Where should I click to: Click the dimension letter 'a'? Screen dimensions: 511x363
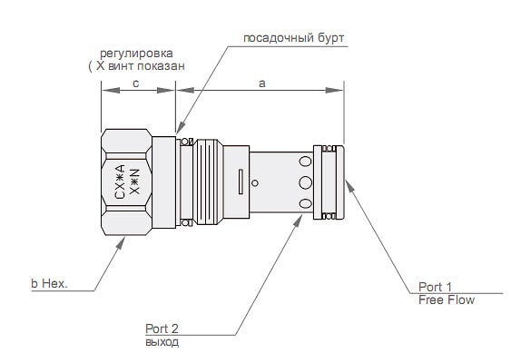(x=262, y=83)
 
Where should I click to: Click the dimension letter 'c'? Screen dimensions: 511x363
(x=136, y=83)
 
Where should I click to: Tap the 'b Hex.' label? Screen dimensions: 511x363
(x=49, y=283)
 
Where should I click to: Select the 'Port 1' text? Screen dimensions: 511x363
(x=435, y=287)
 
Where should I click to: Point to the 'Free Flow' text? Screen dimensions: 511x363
(x=447, y=299)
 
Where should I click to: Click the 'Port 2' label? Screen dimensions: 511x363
(x=162, y=329)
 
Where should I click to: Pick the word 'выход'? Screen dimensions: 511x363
(x=162, y=342)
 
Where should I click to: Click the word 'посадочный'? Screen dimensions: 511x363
(x=274, y=38)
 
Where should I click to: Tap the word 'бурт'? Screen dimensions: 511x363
(x=326, y=38)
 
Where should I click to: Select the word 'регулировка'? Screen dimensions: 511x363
(x=136, y=54)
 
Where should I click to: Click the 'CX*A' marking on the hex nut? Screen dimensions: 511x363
(x=120, y=181)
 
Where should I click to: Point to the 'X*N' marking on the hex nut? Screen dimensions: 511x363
(x=134, y=181)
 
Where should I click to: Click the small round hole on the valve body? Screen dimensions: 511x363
(x=255, y=183)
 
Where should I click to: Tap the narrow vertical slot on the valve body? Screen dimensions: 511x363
(x=241, y=181)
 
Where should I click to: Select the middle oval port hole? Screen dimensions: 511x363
(x=305, y=182)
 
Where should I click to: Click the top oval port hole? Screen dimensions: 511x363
(x=305, y=162)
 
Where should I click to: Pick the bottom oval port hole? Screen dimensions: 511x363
(x=305, y=204)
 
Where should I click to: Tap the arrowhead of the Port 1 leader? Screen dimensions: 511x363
(x=349, y=186)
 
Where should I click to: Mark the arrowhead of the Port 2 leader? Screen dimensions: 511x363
(x=299, y=221)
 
